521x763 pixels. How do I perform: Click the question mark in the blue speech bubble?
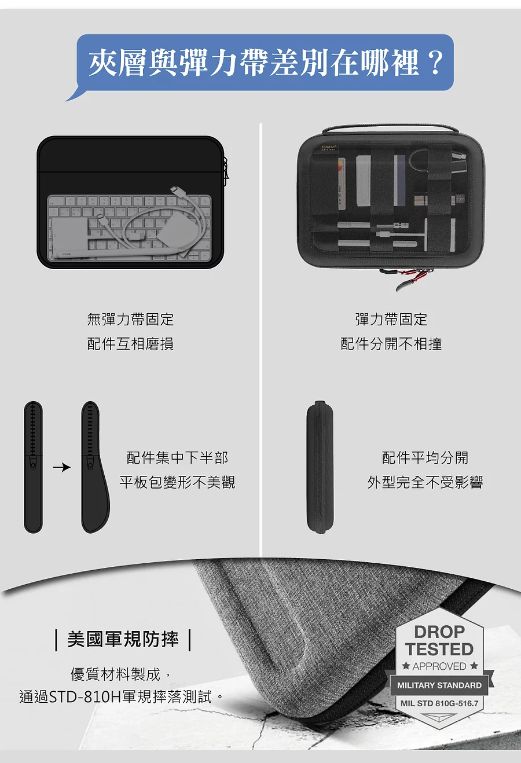(436, 63)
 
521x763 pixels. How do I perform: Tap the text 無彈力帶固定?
(130, 320)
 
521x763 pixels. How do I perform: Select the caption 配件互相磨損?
(130, 344)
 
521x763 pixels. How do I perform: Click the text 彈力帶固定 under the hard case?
(391, 320)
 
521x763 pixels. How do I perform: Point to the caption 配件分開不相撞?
(391, 344)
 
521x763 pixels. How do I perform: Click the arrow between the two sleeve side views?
(61, 467)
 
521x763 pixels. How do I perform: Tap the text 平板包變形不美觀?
(177, 482)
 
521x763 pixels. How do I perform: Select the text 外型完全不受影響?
(425, 482)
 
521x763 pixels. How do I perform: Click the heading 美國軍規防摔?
(123, 639)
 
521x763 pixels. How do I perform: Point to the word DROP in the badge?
(439, 632)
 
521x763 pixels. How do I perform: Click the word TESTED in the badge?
(439, 649)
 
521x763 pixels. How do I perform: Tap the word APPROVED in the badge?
(439, 666)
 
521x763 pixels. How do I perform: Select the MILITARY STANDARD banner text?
(439, 685)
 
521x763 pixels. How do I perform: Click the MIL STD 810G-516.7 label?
(439, 703)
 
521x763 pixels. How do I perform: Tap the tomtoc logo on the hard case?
(329, 148)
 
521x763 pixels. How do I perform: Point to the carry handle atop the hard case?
(390, 129)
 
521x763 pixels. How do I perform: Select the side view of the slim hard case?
(320, 467)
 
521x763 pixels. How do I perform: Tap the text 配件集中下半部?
(177, 458)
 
